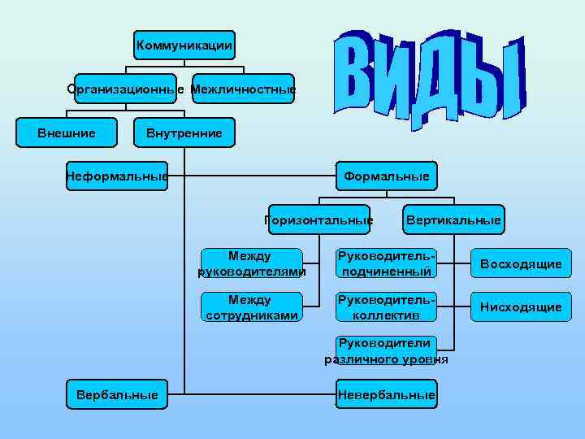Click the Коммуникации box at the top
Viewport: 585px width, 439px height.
[185, 45]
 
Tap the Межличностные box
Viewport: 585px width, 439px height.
[243, 89]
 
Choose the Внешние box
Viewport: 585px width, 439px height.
[67, 133]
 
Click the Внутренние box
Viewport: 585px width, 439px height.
[184, 133]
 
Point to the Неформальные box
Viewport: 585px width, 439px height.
[117, 175]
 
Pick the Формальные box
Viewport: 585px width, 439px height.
[386, 175]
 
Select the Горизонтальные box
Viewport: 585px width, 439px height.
[319, 219]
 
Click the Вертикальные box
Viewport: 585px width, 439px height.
[453, 219]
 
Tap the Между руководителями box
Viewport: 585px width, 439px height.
[251, 263]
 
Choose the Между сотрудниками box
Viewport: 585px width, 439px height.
[251, 307]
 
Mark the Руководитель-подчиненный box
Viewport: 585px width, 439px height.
[386, 263]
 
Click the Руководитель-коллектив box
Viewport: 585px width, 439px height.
[386, 307]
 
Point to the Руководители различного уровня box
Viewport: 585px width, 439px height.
[386, 351]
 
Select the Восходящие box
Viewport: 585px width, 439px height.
[521, 263]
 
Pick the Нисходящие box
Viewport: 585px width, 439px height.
[521, 307]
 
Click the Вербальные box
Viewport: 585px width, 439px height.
[117, 395]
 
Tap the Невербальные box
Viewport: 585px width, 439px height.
[386, 395]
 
